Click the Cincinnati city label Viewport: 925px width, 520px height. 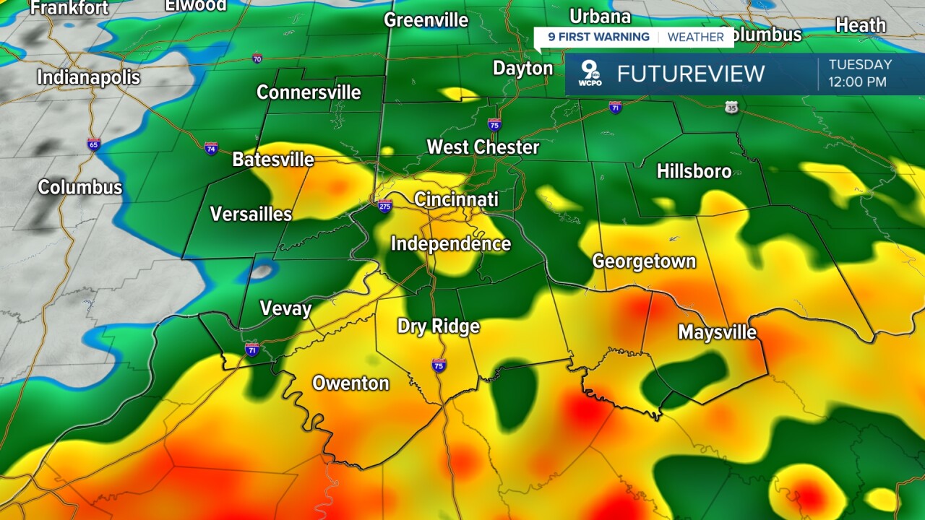tap(456, 199)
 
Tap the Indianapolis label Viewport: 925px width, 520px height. tap(88, 77)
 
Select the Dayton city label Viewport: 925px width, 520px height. tap(522, 68)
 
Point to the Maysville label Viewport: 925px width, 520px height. tap(717, 332)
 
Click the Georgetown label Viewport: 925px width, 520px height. tap(644, 261)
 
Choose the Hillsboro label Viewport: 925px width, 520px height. tap(694, 171)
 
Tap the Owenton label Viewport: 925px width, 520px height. tap(350, 383)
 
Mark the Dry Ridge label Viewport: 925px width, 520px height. tap(439, 326)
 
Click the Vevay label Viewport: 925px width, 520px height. tap(285, 309)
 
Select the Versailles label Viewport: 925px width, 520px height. tap(251, 214)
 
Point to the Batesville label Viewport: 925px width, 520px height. tap(273, 159)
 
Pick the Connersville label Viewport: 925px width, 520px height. tap(309, 92)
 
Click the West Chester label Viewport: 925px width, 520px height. tap(483, 147)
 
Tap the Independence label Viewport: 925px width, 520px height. tap(451, 244)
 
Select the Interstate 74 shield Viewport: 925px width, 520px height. tap(211, 148)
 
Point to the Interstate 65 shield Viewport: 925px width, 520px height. tap(94, 144)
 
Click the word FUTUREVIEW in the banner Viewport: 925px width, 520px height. tap(690, 74)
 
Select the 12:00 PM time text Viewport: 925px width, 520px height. tap(857, 82)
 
